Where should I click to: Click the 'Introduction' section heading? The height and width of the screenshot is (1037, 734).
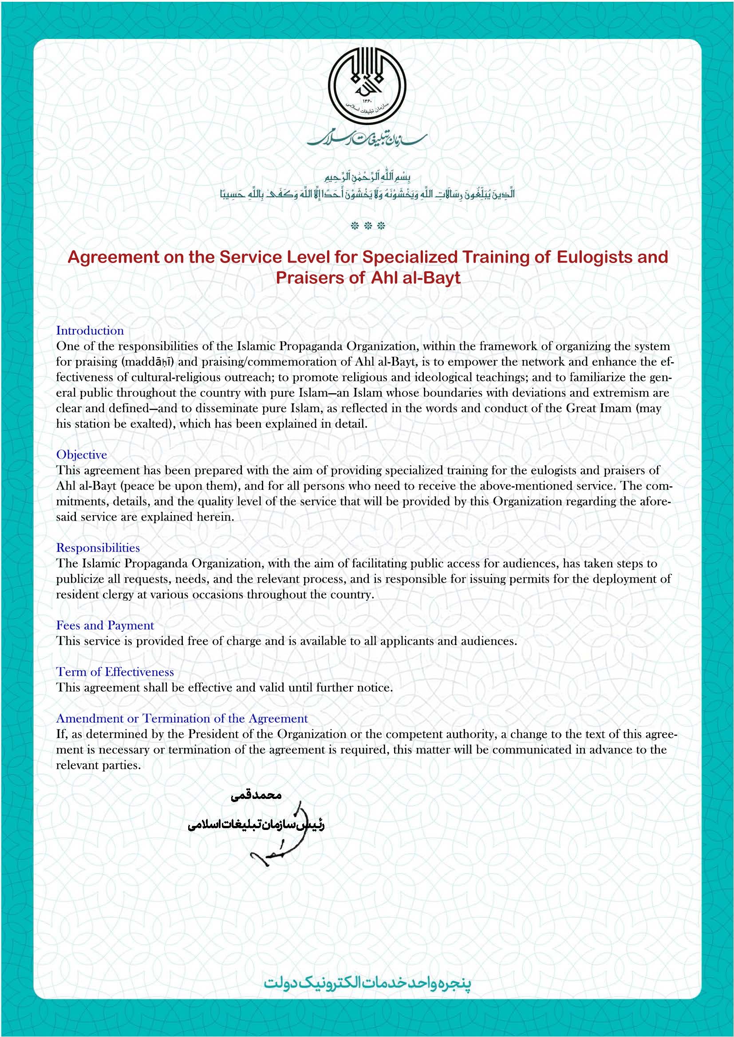[90, 331]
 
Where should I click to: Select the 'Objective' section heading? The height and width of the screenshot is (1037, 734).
[82, 455]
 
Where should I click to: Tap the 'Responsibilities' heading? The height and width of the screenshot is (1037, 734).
[98, 548]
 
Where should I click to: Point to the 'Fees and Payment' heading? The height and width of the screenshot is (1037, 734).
[105, 626]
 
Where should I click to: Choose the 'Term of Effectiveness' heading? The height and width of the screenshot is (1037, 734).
[115, 672]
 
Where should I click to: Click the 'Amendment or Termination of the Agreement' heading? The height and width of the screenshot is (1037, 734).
[182, 719]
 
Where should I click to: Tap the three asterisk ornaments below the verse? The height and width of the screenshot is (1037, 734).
[368, 226]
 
